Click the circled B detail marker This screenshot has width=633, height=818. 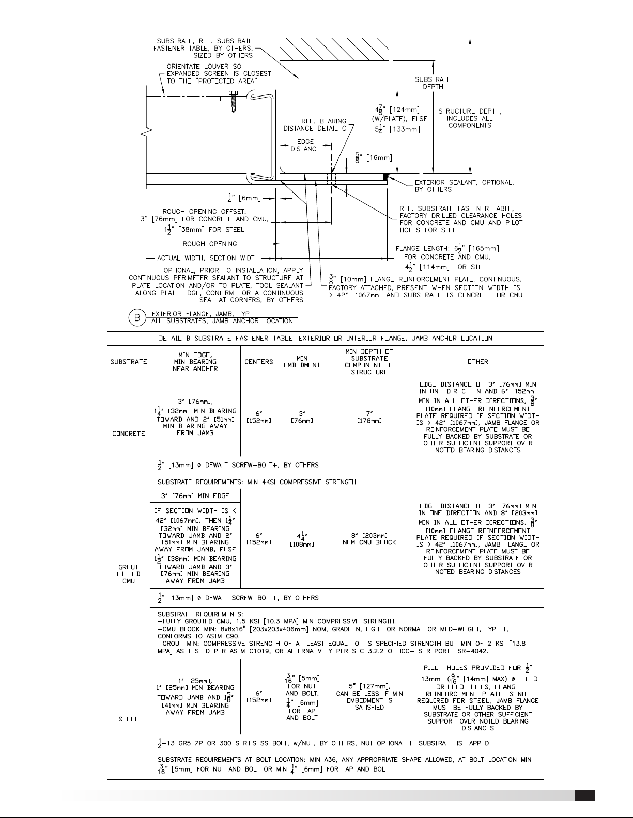[x=136, y=317]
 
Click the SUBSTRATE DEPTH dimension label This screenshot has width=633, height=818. [x=433, y=83]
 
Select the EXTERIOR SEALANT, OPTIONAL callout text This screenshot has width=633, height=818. [x=464, y=186]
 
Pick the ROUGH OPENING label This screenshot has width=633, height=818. [x=209, y=244]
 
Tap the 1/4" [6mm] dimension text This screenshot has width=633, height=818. [x=244, y=197]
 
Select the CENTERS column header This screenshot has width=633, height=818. [x=258, y=362]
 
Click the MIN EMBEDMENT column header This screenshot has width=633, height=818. [x=302, y=362]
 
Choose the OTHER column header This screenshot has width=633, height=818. [x=477, y=362]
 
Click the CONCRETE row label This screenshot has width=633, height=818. [x=128, y=434]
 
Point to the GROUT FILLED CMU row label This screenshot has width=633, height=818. [x=128, y=573]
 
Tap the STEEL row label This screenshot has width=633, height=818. [x=128, y=719]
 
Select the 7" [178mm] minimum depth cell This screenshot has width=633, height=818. [x=369, y=417]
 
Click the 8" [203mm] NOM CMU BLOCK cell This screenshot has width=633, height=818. [x=369, y=538]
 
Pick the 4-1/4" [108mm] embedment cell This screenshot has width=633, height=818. [x=302, y=538]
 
